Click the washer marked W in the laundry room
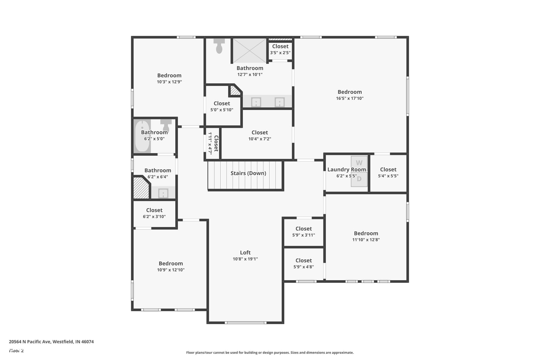pyautogui.click(x=359, y=164)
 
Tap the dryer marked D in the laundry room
pyautogui.click(x=359, y=179)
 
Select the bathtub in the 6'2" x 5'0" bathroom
pyautogui.click(x=142, y=136)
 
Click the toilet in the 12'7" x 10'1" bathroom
pyautogui.click(x=219, y=46)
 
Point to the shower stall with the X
pyautogui.click(x=249, y=51)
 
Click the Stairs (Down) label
pyautogui.click(x=248, y=173)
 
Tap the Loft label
pyautogui.click(x=245, y=253)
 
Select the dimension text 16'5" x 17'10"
pyautogui.click(x=350, y=98)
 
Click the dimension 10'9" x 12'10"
pyautogui.click(x=171, y=270)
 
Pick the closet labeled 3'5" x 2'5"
pyautogui.click(x=280, y=51)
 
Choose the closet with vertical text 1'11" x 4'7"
pyautogui.click(x=212, y=143)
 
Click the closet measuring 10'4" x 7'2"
pyautogui.click(x=260, y=135)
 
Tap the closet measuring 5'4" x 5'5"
pyautogui.click(x=388, y=173)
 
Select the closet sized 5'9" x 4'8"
pyautogui.click(x=303, y=264)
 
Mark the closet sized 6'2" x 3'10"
pyautogui.click(x=154, y=214)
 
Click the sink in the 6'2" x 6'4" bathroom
pyautogui.click(x=163, y=193)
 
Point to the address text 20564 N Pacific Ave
pyautogui.click(x=30, y=342)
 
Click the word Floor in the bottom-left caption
pyautogui.click(x=14, y=351)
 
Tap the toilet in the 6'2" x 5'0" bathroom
pyautogui.click(x=166, y=125)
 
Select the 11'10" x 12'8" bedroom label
pyautogui.click(x=366, y=236)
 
